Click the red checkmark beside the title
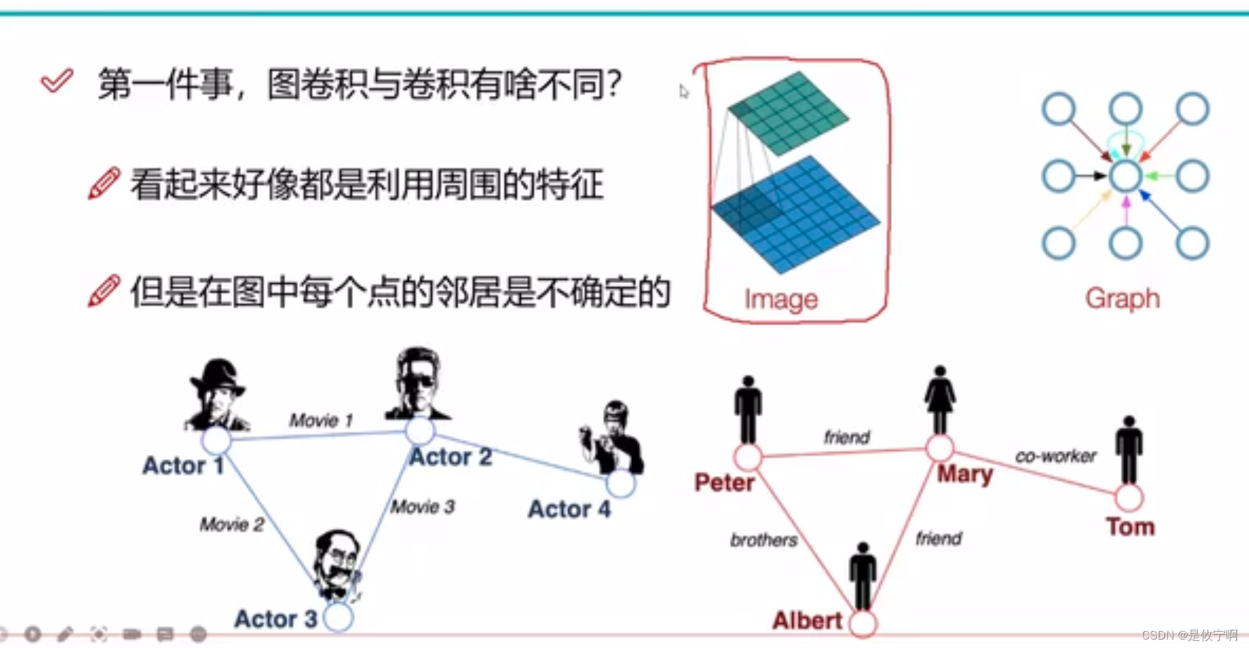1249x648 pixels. click(56, 81)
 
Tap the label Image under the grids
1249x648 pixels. click(781, 300)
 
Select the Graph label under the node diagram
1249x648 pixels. click(1122, 299)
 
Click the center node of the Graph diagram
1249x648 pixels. click(1125, 176)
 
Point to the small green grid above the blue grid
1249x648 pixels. click(788, 113)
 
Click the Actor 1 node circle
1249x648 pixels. click(216, 440)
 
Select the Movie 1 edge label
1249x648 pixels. click(321, 420)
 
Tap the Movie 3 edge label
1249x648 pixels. click(423, 506)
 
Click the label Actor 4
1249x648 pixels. click(569, 509)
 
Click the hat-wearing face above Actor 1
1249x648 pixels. click(217, 394)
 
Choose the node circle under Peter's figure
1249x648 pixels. click(747, 457)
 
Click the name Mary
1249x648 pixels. click(964, 474)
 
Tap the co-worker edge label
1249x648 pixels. click(1055, 456)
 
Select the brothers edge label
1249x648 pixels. click(764, 540)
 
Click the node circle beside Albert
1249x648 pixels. click(863, 623)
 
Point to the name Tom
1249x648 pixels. click(1130, 527)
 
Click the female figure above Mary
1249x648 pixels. click(940, 400)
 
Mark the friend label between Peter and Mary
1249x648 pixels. click(847, 437)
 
